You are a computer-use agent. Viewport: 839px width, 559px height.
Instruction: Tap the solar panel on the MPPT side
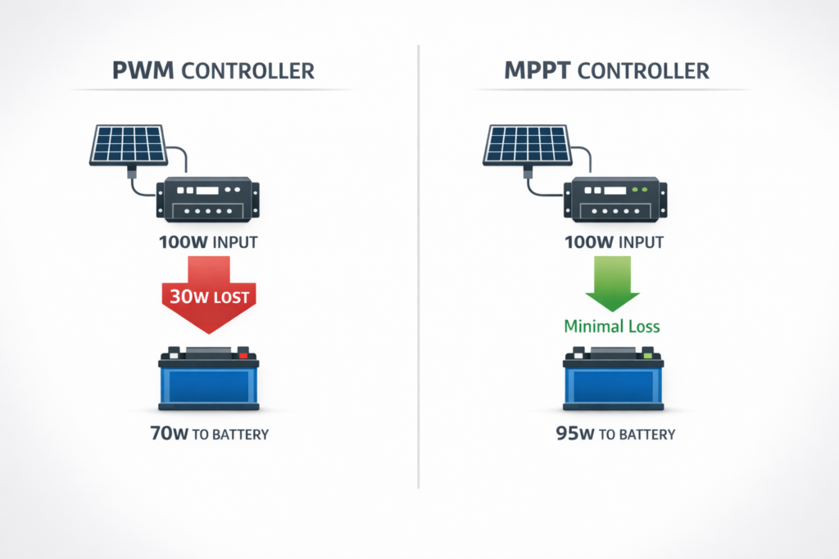pyautogui.click(x=527, y=145)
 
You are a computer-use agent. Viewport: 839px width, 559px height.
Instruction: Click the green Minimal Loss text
pyautogui.click(x=611, y=327)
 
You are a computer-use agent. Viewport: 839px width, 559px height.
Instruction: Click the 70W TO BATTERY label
pyautogui.click(x=210, y=434)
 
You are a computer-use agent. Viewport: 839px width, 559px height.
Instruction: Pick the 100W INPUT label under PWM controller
pyautogui.click(x=210, y=243)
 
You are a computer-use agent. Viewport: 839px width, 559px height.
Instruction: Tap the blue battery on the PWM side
pyautogui.click(x=210, y=383)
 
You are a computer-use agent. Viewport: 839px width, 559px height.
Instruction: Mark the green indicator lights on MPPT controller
pyautogui.click(x=638, y=189)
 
